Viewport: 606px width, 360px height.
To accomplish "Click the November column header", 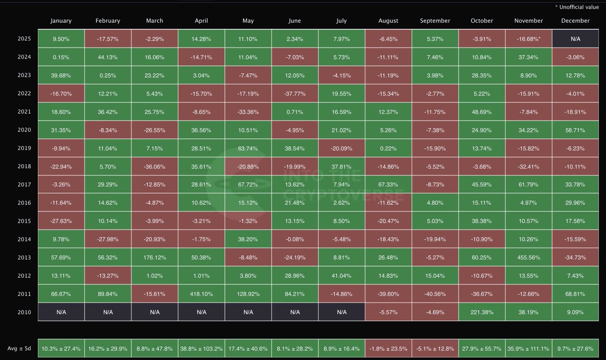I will click(x=528, y=21).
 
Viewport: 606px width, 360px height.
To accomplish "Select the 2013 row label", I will click(x=24, y=258).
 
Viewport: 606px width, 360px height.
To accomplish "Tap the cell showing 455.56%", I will click(x=528, y=258).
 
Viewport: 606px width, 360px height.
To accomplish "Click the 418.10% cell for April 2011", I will click(x=201, y=294).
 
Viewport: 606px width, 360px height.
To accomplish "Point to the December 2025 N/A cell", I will click(x=575, y=39).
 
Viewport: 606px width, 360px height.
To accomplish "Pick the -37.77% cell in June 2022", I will click(x=294, y=93).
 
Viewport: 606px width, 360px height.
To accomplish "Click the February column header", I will click(x=108, y=21).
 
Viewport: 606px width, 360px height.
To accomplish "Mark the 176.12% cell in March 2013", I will click(x=155, y=258).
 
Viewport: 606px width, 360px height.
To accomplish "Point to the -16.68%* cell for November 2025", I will click(x=528, y=39).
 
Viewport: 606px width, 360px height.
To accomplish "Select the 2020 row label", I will click(x=24, y=130).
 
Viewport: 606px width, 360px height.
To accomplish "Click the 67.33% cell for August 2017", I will click(x=388, y=185).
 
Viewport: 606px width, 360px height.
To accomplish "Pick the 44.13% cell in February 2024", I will click(x=108, y=57).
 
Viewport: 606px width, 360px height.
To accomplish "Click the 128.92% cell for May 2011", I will click(x=248, y=294).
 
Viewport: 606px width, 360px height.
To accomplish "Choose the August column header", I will click(x=388, y=21).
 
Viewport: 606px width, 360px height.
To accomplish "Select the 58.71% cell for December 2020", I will click(x=575, y=130).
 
